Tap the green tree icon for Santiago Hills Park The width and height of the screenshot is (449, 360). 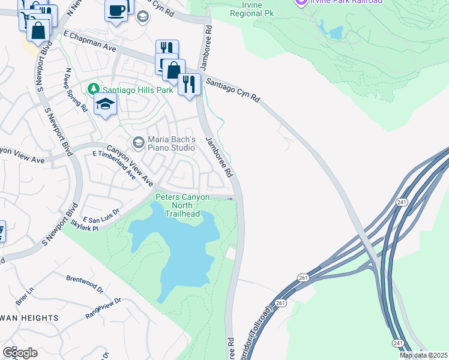coord(92,89)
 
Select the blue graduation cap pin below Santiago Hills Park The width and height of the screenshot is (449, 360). coord(105,104)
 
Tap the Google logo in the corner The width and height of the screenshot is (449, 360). coord(20,352)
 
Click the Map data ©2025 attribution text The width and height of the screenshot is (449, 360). coord(423,355)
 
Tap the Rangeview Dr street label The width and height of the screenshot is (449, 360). coord(103,308)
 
